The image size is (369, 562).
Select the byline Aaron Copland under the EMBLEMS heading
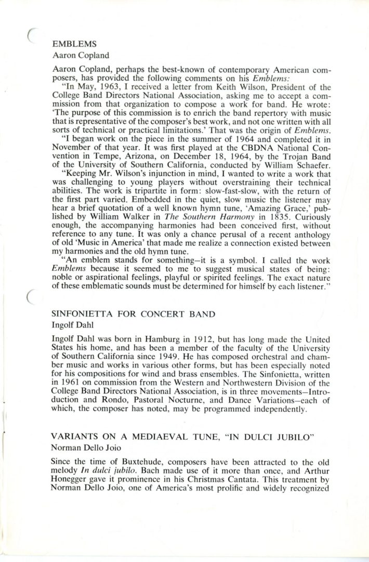click(80, 53)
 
